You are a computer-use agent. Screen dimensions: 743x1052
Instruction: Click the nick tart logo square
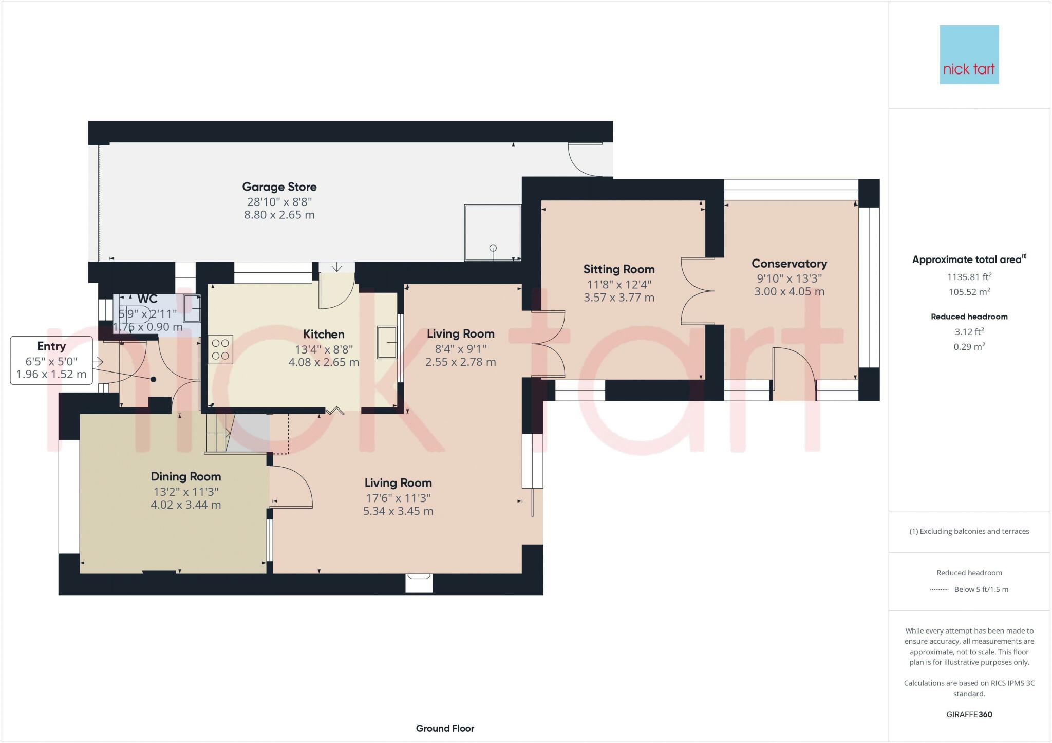coord(969,54)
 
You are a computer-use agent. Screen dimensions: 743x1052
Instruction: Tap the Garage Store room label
coord(279,187)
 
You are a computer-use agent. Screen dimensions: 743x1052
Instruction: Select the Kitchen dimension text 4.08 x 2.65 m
coord(323,362)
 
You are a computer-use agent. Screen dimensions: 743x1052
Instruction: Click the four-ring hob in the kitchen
coord(220,349)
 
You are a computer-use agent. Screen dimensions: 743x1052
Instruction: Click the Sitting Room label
coord(618,269)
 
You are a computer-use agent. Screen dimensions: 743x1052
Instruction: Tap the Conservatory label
coord(789,264)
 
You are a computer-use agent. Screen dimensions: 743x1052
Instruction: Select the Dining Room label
coord(185,476)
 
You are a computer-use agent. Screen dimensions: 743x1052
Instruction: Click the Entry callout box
coord(51,360)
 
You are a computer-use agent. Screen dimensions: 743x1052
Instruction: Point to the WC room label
coord(147,299)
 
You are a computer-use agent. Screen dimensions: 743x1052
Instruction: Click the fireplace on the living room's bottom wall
coord(419,583)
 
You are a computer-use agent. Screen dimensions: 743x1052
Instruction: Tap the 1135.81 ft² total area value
coord(969,277)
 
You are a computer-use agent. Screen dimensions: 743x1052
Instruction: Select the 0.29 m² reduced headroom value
coord(969,347)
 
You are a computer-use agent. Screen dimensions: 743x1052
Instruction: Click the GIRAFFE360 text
coord(969,714)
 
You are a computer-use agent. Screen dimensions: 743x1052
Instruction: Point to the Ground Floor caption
coord(445,728)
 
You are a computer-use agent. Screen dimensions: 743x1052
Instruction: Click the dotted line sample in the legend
coord(939,590)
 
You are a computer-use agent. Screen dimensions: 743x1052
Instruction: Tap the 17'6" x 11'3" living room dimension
coord(398,498)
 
